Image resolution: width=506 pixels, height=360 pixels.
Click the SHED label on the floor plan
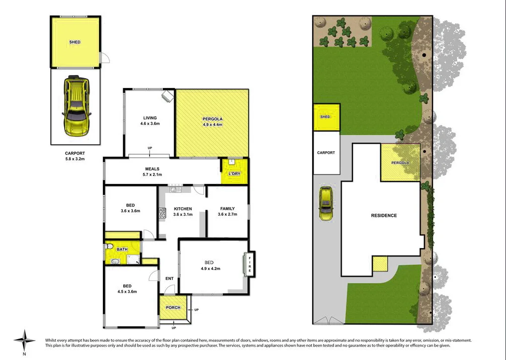[x=75, y=42]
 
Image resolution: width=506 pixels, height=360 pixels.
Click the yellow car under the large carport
[x=76, y=105]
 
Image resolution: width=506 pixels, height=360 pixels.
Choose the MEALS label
[x=152, y=169]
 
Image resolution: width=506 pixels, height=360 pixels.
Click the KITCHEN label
[x=182, y=209]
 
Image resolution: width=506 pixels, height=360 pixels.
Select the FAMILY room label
[x=227, y=209]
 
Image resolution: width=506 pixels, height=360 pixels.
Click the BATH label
[x=122, y=249]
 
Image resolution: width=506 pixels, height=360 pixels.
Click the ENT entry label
[x=169, y=278]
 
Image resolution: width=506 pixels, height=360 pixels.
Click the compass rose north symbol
[x=23, y=341]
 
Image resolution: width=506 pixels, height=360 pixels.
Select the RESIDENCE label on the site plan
[x=384, y=215]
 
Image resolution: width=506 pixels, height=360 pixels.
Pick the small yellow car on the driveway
[x=326, y=204]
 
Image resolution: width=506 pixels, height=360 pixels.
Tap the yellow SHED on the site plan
[x=326, y=117]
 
